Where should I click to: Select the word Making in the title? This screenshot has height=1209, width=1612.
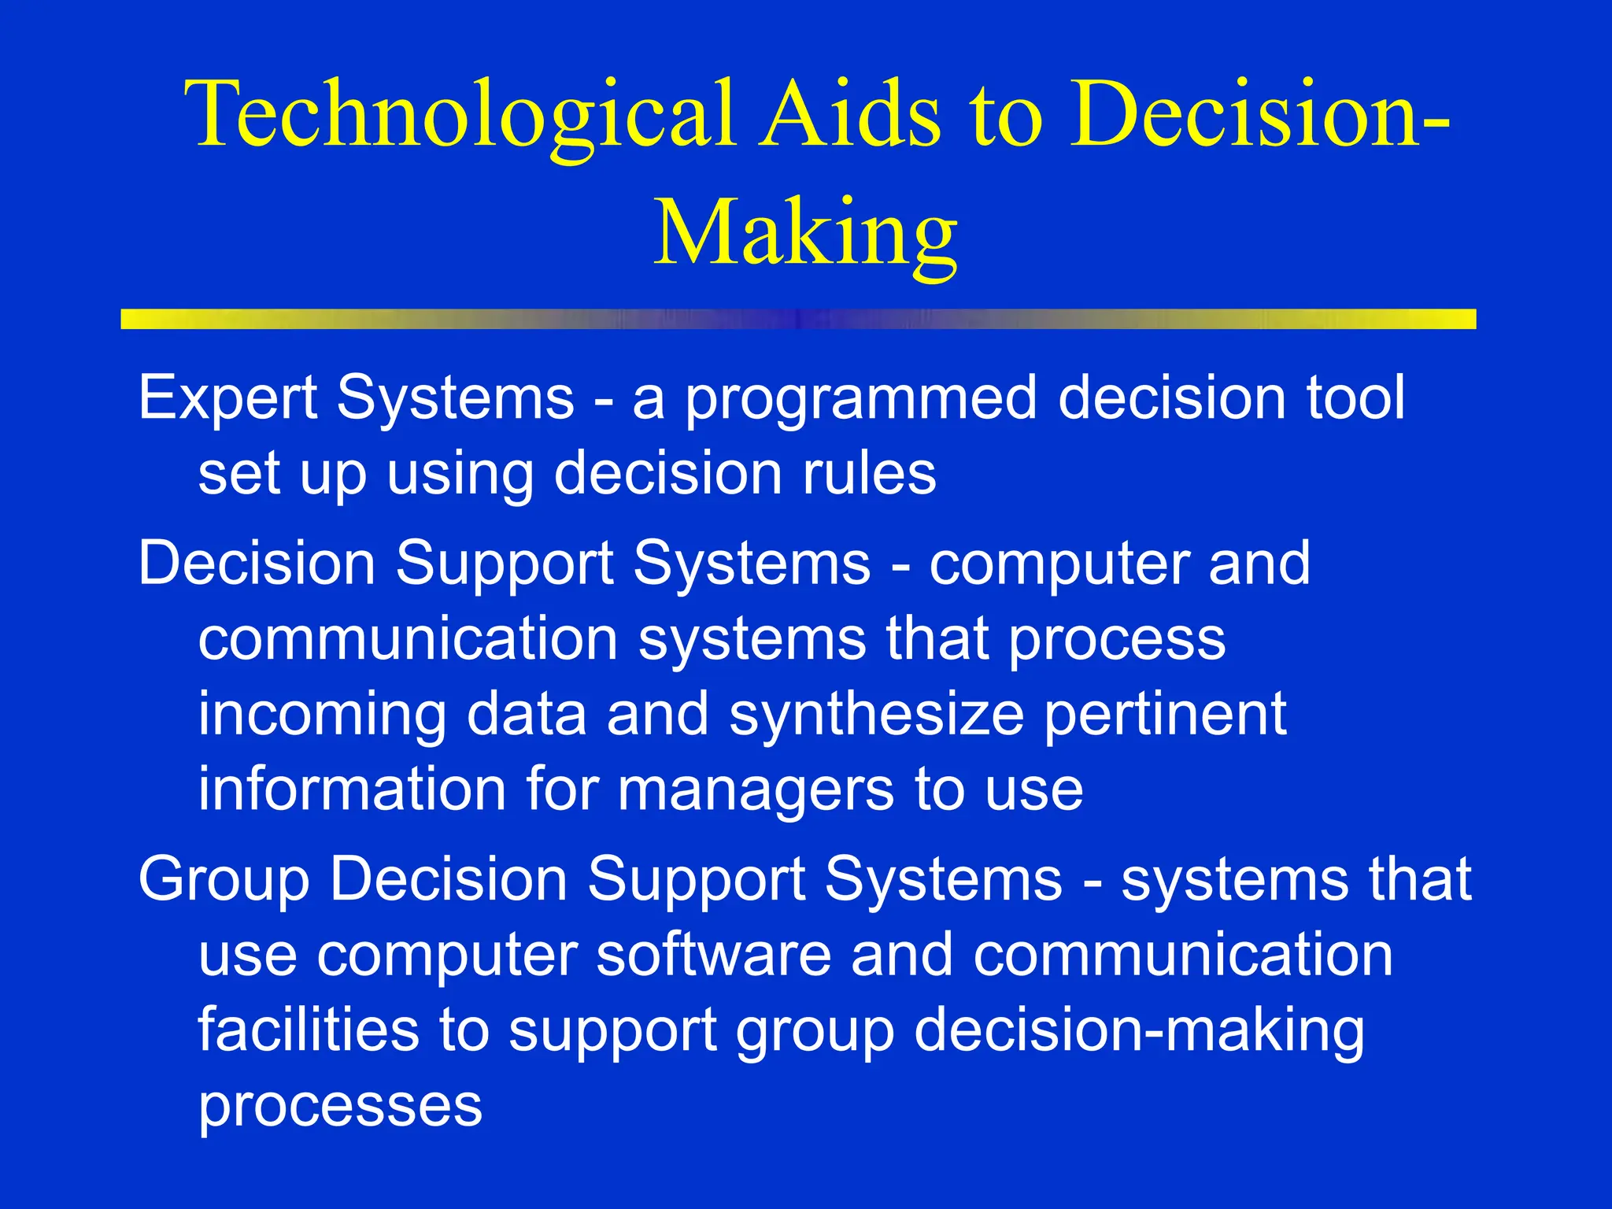[805, 234]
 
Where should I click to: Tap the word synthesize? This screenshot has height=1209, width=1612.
[876, 715]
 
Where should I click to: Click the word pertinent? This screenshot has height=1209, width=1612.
[1165, 715]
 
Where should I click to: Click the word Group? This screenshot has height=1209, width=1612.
[224, 880]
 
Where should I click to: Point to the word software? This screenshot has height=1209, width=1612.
[713, 955]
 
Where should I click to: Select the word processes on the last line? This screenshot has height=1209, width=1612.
[339, 1107]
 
